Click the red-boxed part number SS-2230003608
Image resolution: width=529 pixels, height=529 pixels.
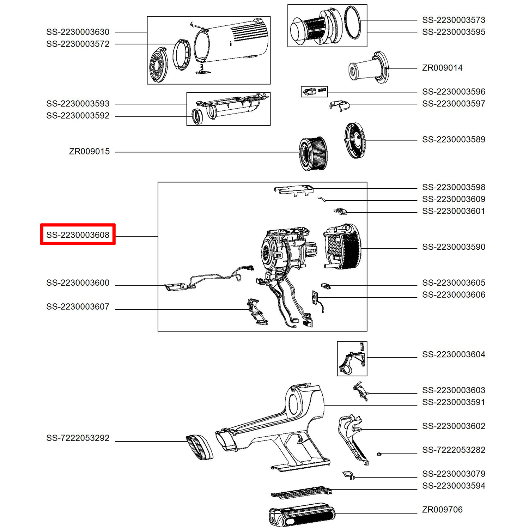(78, 235)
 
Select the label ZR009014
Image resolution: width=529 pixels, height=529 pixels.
(442, 68)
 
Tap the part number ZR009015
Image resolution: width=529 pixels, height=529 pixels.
(89, 151)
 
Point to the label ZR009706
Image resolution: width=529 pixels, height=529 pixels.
(442, 510)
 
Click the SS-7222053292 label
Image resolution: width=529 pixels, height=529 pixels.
(78, 438)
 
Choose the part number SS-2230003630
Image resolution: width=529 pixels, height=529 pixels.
(78, 32)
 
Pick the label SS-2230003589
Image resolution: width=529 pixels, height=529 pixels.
(454, 140)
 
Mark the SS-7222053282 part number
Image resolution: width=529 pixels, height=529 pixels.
(454, 450)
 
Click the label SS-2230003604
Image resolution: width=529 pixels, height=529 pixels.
(454, 354)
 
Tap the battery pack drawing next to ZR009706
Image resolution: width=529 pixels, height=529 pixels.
(302, 516)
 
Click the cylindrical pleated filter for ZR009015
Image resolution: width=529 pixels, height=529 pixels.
(313, 153)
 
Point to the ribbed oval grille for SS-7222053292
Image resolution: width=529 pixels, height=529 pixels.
(200, 447)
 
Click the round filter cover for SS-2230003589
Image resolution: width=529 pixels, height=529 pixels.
(355, 140)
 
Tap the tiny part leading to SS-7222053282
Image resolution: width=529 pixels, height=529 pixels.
(379, 454)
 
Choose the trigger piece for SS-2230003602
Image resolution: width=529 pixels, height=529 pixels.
(353, 437)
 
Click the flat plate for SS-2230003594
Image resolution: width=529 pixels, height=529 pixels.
(302, 493)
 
